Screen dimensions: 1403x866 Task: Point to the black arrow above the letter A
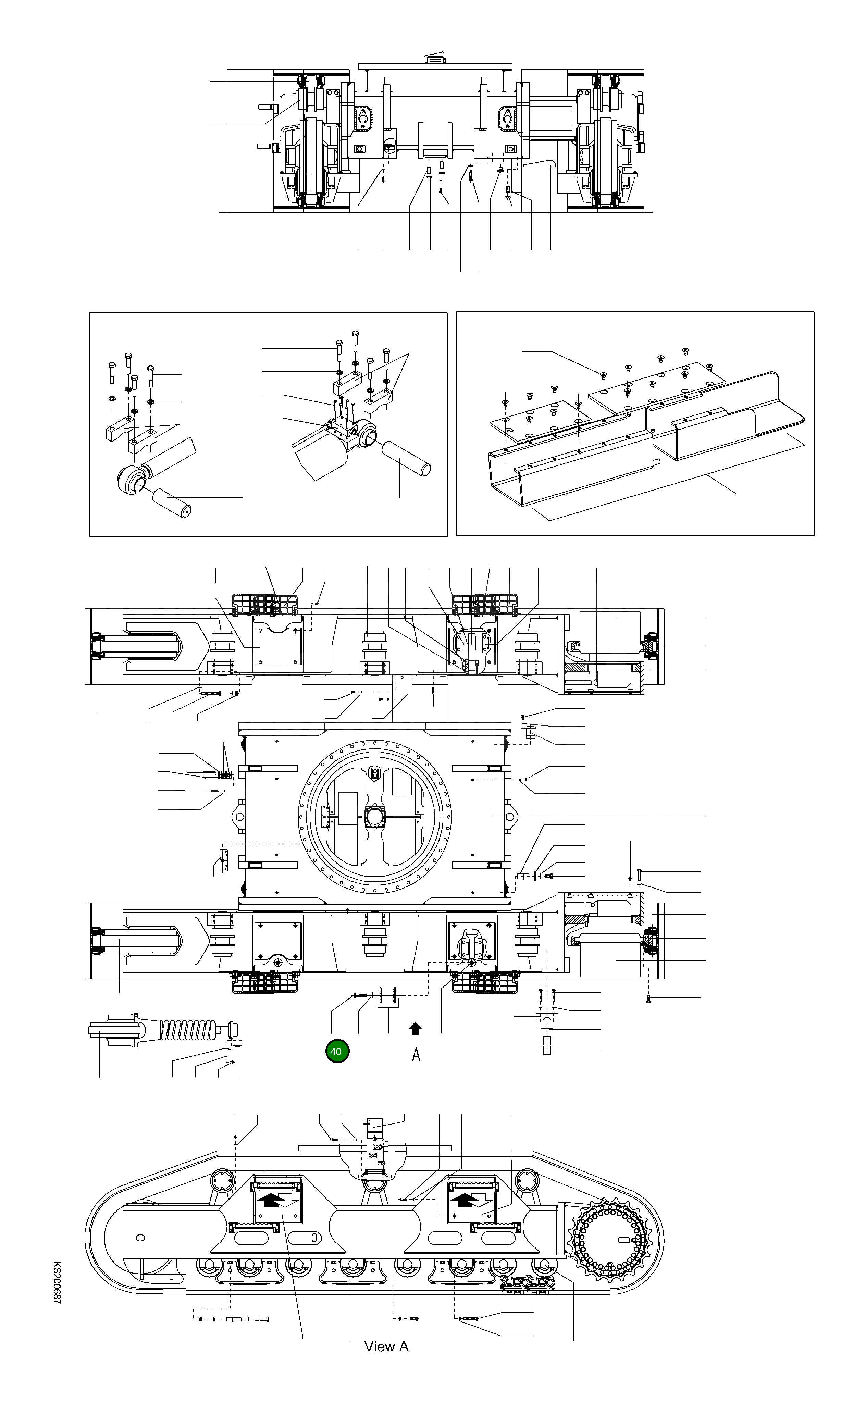click(416, 1029)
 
